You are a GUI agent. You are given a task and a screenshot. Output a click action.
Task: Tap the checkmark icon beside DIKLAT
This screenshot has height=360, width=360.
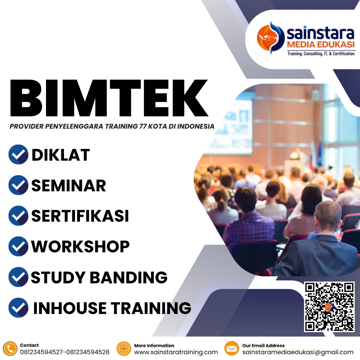click(18, 154)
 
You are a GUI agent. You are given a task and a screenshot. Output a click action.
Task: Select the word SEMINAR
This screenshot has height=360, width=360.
click(68, 186)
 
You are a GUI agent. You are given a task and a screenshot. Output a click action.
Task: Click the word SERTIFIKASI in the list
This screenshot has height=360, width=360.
click(80, 216)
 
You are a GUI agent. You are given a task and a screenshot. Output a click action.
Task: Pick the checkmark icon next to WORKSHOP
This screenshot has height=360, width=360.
click(18, 246)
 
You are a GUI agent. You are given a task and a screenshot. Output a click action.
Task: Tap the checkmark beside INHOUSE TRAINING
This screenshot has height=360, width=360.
click(18, 307)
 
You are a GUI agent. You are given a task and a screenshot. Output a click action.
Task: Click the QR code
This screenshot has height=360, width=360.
click(329, 307)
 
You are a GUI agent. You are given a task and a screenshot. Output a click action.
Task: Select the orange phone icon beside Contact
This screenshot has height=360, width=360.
click(10, 348)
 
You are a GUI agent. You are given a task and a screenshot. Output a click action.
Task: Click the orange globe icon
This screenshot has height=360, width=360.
click(124, 348)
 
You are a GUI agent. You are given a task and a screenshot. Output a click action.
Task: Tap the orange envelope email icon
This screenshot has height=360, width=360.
click(232, 348)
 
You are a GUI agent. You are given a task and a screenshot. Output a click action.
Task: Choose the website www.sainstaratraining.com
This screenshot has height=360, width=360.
click(176, 352)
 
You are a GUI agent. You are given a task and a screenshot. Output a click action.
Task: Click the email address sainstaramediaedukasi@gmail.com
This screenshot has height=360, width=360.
click(298, 352)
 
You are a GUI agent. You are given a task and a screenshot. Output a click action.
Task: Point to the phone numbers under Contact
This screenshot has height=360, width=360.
click(65, 352)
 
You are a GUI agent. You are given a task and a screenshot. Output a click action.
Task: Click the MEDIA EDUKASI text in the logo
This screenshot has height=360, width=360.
click(321, 45)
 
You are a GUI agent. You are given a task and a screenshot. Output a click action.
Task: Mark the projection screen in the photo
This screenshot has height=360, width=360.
click(230, 127)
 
